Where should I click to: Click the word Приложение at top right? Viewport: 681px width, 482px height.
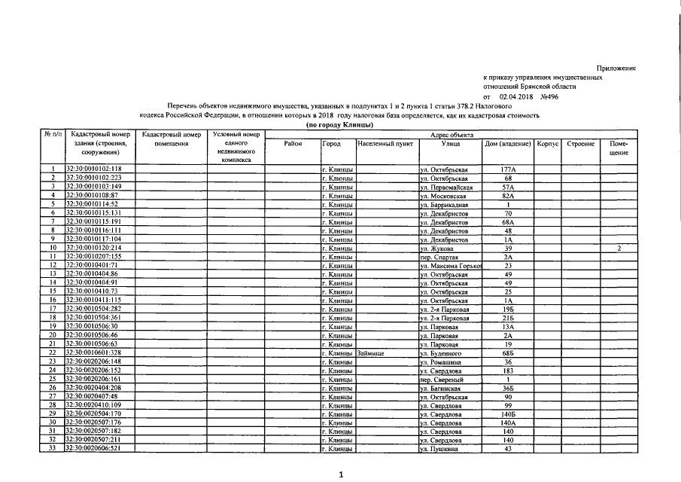[x=618, y=69]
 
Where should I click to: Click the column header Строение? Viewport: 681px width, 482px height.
[x=580, y=143]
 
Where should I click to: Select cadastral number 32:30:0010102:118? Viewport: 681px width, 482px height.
[x=94, y=169]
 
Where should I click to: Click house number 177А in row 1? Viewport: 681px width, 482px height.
[x=507, y=169]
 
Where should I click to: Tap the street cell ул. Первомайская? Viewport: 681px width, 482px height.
[x=446, y=186]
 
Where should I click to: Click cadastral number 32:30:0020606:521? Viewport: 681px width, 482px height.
[x=94, y=449]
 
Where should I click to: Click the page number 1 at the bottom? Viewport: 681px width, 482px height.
[x=341, y=474]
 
